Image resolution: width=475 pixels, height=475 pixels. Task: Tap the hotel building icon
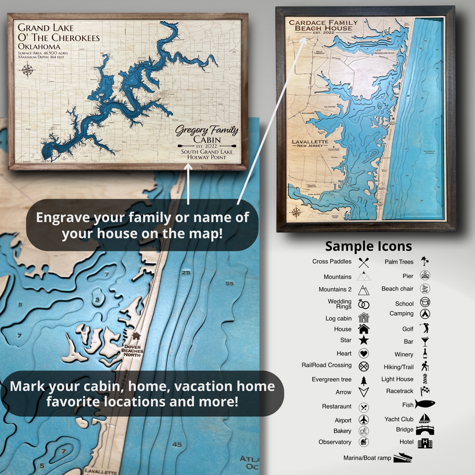[425, 443]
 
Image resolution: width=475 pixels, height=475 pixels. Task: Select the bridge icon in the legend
[425, 430]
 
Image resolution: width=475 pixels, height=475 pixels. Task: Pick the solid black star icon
[364, 341]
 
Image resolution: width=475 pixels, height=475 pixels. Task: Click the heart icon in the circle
[364, 354]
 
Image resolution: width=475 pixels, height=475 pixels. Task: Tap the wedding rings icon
[364, 304]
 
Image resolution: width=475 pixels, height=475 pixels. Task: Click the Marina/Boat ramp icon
[403, 458]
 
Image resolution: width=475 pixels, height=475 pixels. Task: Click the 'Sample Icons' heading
[368, 246]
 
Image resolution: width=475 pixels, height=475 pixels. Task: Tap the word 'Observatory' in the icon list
[335, 442]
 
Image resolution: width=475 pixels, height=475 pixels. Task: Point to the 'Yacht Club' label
[399, 419]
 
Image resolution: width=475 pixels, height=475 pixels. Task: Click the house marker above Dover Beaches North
[136, 336]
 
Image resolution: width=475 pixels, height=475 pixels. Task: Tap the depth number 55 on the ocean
[230, 283]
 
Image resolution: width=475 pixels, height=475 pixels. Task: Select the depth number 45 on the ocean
[177, 444]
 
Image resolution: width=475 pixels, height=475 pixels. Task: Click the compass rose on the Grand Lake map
[28, 72]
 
